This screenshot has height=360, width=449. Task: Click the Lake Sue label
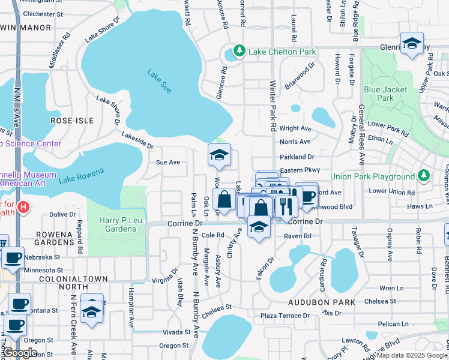coord(159,80)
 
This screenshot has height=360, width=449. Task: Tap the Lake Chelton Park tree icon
coord(240,51)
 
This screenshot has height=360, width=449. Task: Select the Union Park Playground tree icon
coord(424,176)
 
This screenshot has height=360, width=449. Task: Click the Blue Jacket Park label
coord(385,94)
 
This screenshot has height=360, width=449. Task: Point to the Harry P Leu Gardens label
coord(116,224)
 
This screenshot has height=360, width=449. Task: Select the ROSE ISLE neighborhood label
coord(72,121)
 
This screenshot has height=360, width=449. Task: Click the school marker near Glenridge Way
coord(412,44)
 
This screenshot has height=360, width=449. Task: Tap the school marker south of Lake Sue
coord(219,155)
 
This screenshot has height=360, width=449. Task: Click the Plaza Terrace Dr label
coord(285,316)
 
